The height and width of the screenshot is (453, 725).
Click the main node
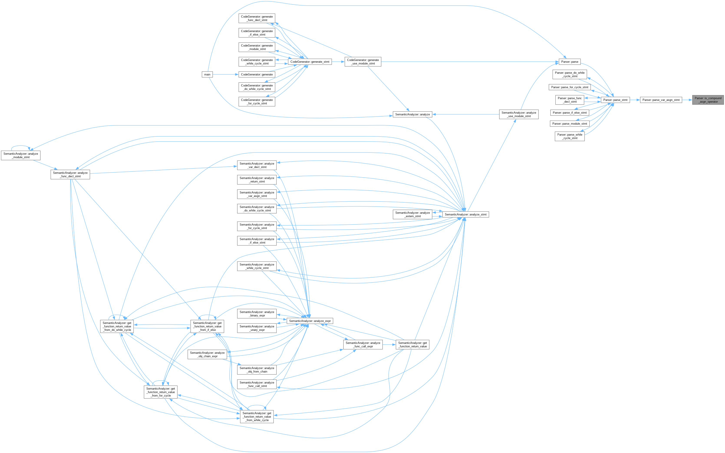point(207,74)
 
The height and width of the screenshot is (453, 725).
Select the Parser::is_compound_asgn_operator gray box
point(708,100)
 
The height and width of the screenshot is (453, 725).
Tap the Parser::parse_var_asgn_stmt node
point(661,100)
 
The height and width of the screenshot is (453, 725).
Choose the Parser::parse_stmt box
point(615,100)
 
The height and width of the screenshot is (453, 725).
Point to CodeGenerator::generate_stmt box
point(310,62)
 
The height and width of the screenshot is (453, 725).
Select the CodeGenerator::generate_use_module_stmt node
point(363,62)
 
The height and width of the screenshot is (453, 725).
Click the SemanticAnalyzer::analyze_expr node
point(310,321)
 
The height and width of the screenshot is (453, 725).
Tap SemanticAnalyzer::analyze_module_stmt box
point(21,155)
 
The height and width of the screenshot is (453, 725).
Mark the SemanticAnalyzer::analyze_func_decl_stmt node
point(70,174)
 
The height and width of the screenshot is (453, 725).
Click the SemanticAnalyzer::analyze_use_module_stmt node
point(519,114)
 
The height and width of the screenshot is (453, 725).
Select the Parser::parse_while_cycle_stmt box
point(570,136)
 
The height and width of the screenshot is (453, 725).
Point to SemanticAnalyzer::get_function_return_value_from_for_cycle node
point(160,392)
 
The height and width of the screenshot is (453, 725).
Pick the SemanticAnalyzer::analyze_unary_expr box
point(257,328)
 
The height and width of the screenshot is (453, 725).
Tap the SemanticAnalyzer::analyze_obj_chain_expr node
point(207,355)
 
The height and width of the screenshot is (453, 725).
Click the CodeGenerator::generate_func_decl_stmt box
point(257,18)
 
